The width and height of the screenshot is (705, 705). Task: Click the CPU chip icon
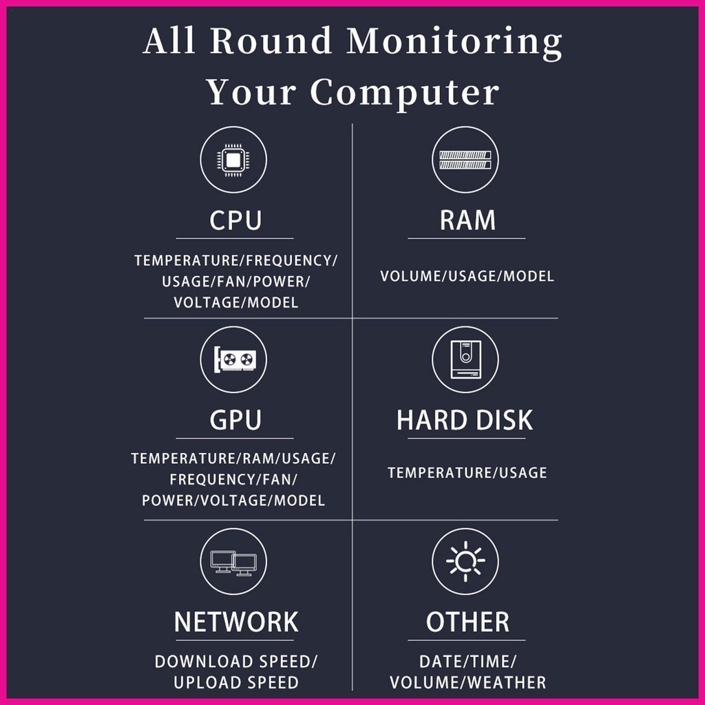click(x=233, y=160)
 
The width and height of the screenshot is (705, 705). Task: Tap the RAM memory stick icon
click(x=465, y=160)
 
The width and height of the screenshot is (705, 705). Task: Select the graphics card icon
click(x=234, y=359)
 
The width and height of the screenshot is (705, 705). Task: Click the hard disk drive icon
click(x=465, y=359)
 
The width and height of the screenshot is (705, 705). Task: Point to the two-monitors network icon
click(x=233, y=562)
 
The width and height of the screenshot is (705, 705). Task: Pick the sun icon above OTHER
click(x=465, y=561)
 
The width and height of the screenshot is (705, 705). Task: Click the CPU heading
click(x=235, y=220)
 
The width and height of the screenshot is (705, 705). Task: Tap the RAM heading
click(x=467, y=220)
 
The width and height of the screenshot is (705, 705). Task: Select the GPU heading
click(x=235, y=420)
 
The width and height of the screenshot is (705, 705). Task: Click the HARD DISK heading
click(x=465, y=420)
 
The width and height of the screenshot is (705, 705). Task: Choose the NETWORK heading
click(x=236, y=622)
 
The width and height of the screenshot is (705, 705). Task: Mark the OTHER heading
click(x=467, y=622)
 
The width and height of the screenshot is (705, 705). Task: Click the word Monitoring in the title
click(x=454, y=42)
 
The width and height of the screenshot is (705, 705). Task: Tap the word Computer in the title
click(x=405, y=93)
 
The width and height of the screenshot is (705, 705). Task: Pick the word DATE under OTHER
click(x=440, y=662)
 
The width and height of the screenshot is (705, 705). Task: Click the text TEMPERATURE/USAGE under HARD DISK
click(x=467, y=472)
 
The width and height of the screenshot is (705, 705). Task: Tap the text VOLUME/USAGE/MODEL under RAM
click(x=467, y=276)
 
